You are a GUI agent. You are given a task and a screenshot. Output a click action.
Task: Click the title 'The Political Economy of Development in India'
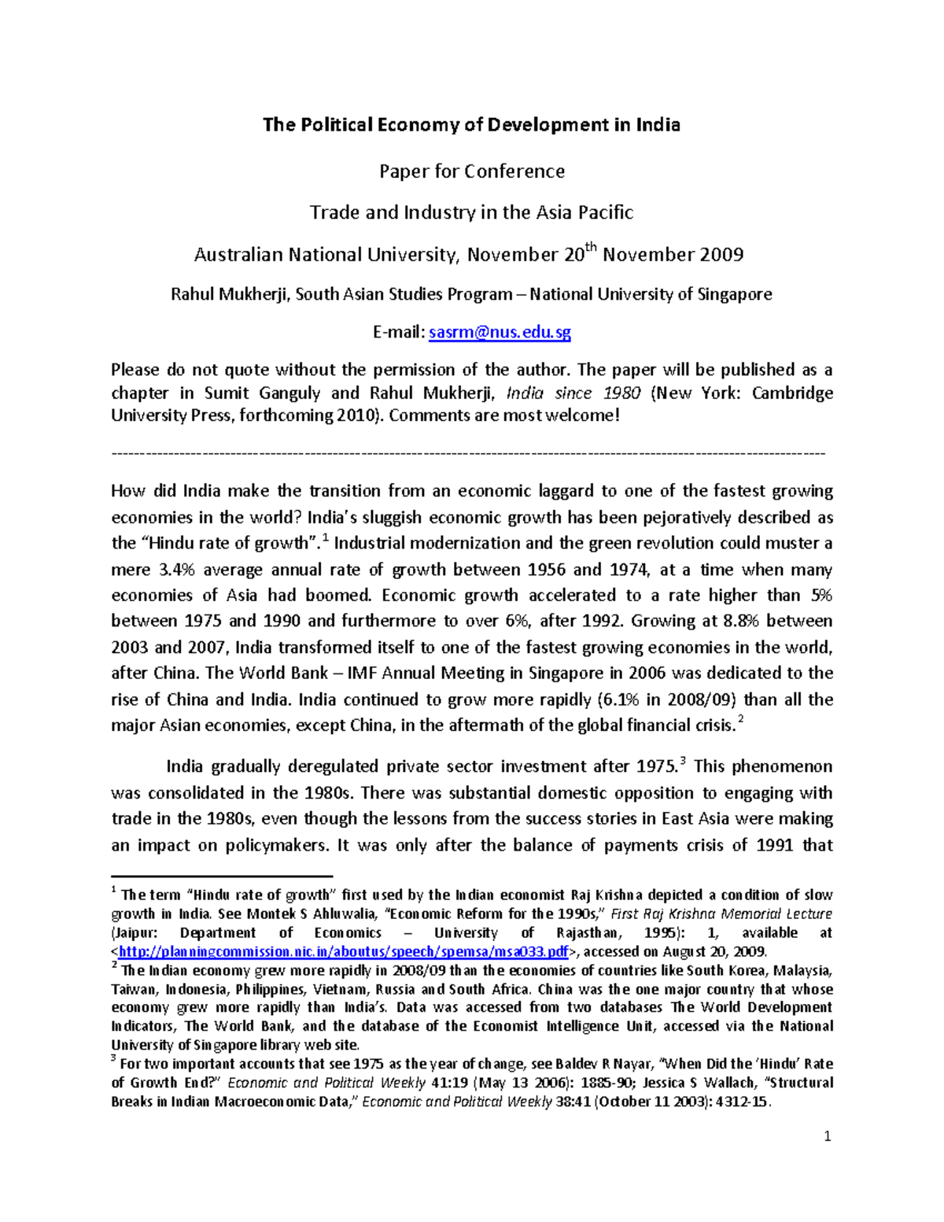tap(471, 125)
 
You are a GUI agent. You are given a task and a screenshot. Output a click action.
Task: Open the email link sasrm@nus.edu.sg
tap(500, 333)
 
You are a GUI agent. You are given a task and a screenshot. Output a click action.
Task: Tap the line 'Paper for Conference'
tap(471, 172)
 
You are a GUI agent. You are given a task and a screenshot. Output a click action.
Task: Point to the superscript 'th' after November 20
tap(592, 248)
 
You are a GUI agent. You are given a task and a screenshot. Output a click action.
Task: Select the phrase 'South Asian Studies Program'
tap(404, 294)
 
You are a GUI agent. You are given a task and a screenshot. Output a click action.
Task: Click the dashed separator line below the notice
tap(469, 453)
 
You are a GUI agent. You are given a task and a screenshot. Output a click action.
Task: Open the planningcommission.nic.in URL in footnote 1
tap(342, 951)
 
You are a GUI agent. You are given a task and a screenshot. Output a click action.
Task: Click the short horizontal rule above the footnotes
tap(222, 876)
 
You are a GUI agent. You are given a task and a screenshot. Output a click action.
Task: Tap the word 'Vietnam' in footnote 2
tap(338, 989)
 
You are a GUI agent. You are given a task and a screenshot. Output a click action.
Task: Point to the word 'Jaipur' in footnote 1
tap(135, 932)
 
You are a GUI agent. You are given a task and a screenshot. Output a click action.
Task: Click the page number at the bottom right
tap(827, 1136)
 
